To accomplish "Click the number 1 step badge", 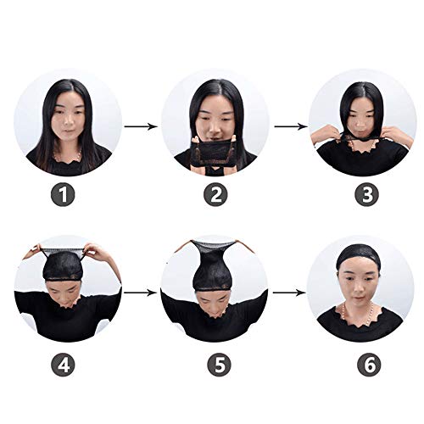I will (x=65, y=195).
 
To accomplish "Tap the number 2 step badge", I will (x=215, y=195).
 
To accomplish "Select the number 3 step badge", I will (x=365, y=195).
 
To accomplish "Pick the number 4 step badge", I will (x=65, y=366).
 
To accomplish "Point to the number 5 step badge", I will (x=215, y=366).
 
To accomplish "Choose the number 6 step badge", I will (x=365, y=366).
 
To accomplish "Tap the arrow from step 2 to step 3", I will (x=291, y=126).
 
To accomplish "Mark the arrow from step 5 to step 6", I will (x=291, y=293).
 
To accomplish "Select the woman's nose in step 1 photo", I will (x=67, y=124).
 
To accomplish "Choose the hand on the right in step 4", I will (x=92, y=252).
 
